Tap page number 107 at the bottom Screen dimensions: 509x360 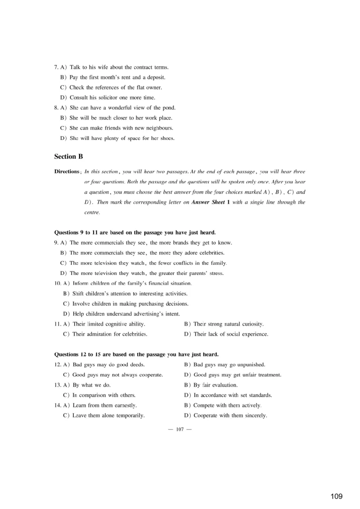(x=180, y=429)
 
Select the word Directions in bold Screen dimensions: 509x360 (x=67, y=172)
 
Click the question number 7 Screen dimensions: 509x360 (x=56, y=67)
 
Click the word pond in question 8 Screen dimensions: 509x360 (x=169, y=108)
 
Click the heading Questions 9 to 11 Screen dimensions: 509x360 (x=135, y=232)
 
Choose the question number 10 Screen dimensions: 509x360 (x=57, y=283)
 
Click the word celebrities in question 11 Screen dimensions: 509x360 (x=132, y=334)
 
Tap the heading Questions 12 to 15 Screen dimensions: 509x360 (x=136, y=354)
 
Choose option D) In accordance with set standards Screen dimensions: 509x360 (x=228, y=395)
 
